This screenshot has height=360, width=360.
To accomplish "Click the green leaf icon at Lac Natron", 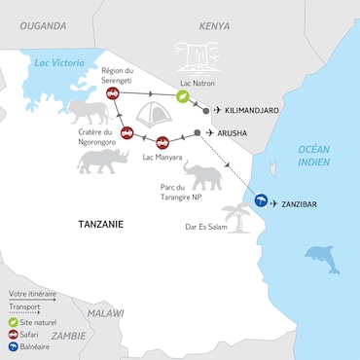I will pos(181,96).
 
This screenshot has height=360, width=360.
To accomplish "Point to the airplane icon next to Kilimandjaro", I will pos(216,111).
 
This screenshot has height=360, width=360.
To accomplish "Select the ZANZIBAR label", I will pos(301,204).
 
